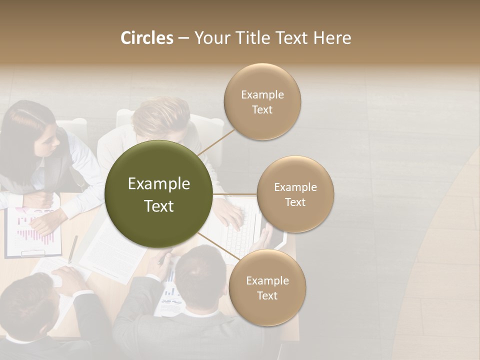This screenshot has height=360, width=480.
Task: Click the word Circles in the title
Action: [x=147, y=38]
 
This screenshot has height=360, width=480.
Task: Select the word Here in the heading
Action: [x=332, y=38]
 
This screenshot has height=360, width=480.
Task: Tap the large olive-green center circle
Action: [x=158, y=194]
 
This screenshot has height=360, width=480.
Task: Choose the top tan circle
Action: [x=262, y=101]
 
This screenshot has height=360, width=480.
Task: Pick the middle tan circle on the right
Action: [x=295, y=194]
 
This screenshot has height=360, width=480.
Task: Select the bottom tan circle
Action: [x=267, y=287]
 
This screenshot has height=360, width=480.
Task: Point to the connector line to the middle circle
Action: [x=234, y=194]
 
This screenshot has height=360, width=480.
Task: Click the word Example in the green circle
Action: [x=159, y=184]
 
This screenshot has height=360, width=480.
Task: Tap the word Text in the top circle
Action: [x=262, y=110]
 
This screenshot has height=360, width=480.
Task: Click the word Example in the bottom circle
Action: [x=267, y=280]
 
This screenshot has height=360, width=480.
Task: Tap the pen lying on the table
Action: [x=73, y=248]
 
